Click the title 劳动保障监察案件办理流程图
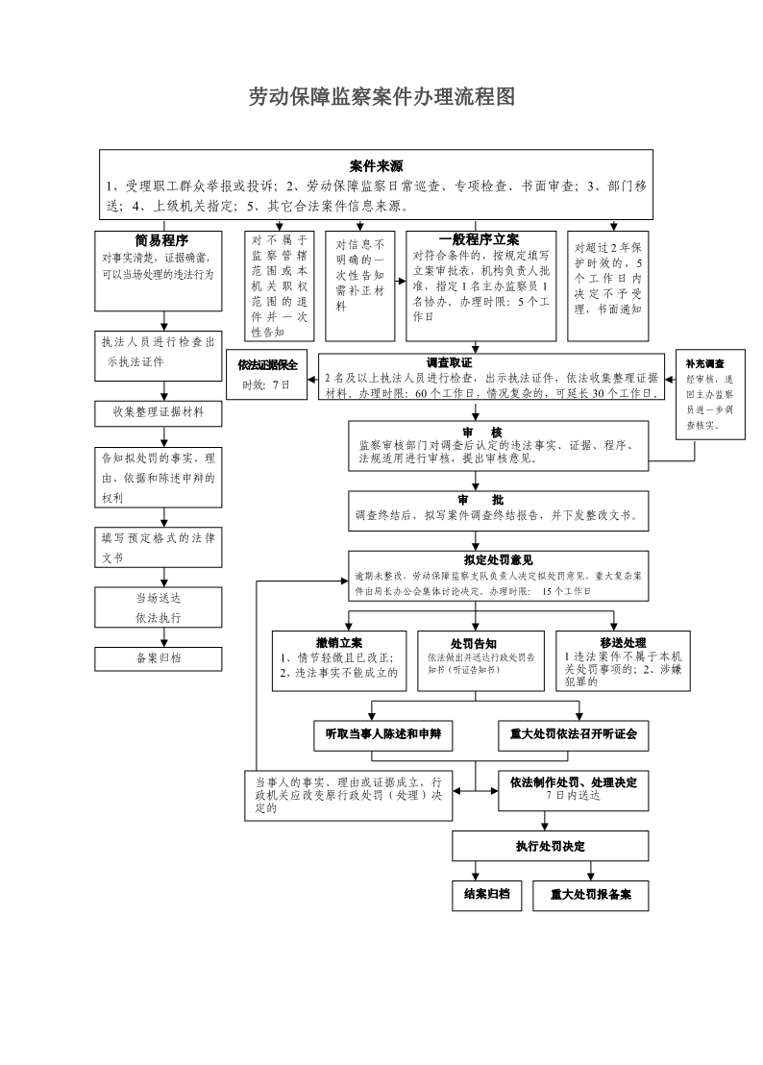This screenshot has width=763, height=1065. pyautogui.click(x=381, y=97)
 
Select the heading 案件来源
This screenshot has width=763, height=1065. pyautogui.click(x=376, y=165)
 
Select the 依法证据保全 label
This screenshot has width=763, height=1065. pyautogui.click(x=267, y=364)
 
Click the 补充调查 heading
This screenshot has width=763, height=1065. pyautogui.click(x=704, y=364)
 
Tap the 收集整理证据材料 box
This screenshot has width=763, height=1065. pyautogui.click(x=160, y=412)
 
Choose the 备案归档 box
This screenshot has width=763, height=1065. pyautogui.click(x=160, y=658)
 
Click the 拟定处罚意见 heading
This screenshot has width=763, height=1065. pyautogui.click(x=498, y=560)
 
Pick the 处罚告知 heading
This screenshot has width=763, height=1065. pyautogui.click(x=474, y=643)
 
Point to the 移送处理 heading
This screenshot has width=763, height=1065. pyautogui.click(x=623, y=643)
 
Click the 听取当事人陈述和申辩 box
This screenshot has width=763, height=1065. pyautogui.click(x=383, y=734)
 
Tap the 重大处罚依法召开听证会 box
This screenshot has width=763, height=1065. pyautogui.click(x=573, y=734)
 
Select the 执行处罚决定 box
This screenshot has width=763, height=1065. pyautogui.click(x=551, y=846)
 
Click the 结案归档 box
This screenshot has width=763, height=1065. pyautogui.click(x=487, y=895)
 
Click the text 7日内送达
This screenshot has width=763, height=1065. pyautogui.click(x=572, y=796)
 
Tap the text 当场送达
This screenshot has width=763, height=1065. pyautogui.click(x=159, y=597)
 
